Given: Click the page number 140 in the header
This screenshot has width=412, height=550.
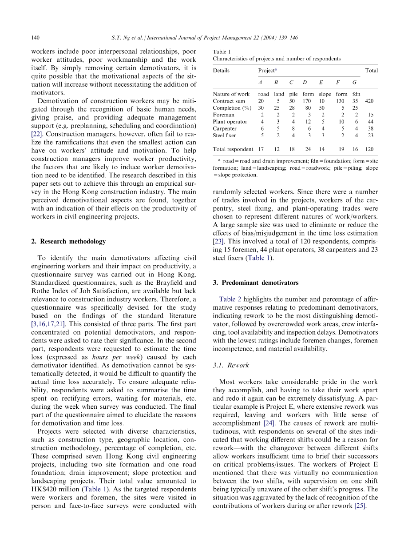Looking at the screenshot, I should tap(36, 38).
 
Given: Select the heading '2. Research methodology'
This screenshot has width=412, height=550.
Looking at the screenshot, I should tap(68, 242).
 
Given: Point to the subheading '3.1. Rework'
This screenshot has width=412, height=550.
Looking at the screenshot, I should tap(231, 365).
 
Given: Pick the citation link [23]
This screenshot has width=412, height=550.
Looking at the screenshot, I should tap(218, 241).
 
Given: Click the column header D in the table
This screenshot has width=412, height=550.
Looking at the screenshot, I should tap(305, 83).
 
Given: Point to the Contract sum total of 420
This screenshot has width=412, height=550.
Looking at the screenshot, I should tap(369, 101).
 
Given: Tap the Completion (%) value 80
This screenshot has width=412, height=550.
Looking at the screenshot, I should tap(308, 108).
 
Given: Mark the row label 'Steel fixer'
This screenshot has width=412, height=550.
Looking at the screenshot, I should tap(224, 136).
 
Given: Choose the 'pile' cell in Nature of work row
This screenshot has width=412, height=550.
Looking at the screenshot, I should tap(293, 94).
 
